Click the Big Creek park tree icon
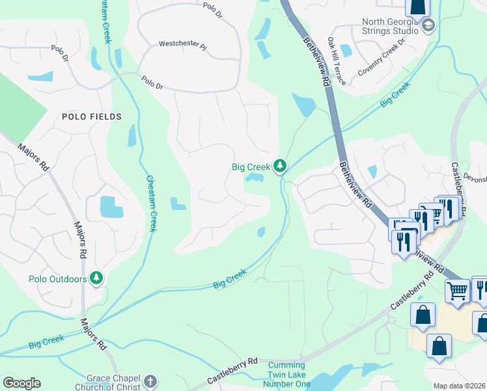tap(280, 167)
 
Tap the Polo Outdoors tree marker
tap(97, 279)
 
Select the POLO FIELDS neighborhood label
tap(92, 117)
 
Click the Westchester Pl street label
tap(182, 45)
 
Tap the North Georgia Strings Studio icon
tap(428, 26)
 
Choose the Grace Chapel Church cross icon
tap(150, 382)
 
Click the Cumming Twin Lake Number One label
tap(291, 374)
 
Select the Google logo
tap(21, 383)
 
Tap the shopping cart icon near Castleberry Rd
tap(458, 291)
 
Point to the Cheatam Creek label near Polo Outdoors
tap(151, 203)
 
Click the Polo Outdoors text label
tap(58, 279)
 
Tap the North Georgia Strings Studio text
tap(390, 25)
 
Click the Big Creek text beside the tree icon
tap(251, 167)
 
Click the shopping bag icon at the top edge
tap(417, 7)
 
